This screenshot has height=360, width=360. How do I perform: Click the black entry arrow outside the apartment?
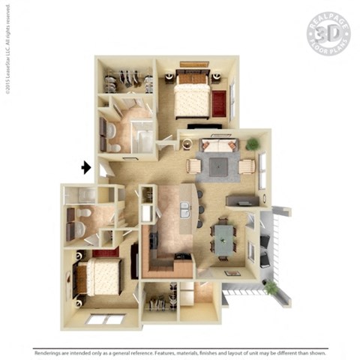tap(87, 167)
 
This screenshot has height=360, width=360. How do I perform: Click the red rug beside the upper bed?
tap(220, 103)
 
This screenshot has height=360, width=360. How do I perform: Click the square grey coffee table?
tap(219, 166)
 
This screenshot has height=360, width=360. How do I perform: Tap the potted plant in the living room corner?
tap(253, 142)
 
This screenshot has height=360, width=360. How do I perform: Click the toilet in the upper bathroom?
tap(111, 130)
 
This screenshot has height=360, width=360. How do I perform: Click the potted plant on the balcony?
tap(270, 286)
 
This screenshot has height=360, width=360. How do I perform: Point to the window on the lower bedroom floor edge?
tap(105, 319)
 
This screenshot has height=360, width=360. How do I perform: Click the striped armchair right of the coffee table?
tap(247, 166)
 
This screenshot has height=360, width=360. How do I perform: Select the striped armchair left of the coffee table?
tap(193, 166)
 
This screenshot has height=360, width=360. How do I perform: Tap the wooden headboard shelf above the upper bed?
tap(194, 64)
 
